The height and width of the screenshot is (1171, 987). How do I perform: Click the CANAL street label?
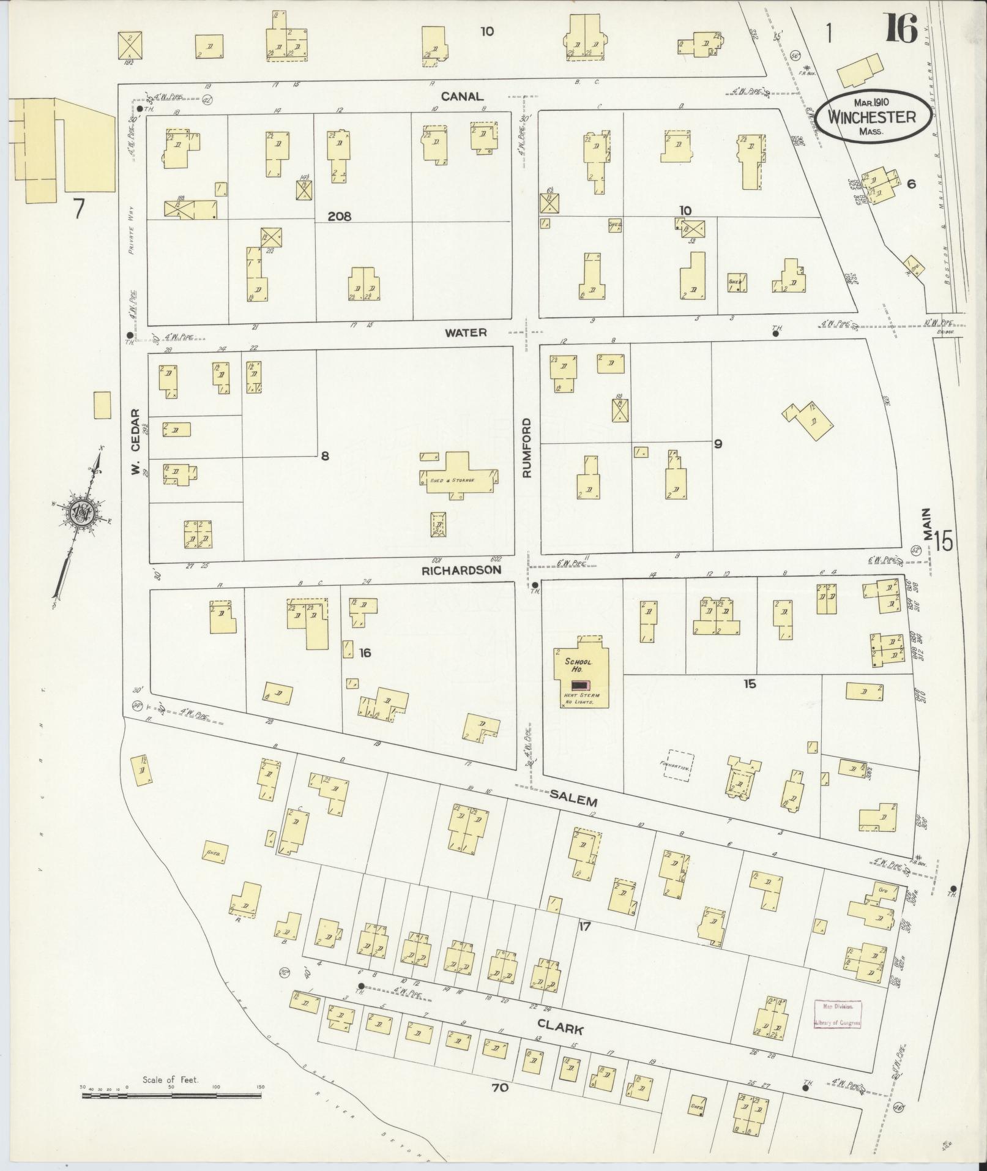[x=462, y=96]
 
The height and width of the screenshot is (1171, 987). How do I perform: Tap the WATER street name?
[x=466, y=332]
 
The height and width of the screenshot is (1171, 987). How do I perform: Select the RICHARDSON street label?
[x=461, y=570]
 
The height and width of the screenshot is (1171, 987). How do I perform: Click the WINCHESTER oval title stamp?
[x=872, y=117]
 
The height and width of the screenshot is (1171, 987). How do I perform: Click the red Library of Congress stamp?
[x=837, y=1014]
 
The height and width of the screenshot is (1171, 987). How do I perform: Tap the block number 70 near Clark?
[x=499, y=1088]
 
